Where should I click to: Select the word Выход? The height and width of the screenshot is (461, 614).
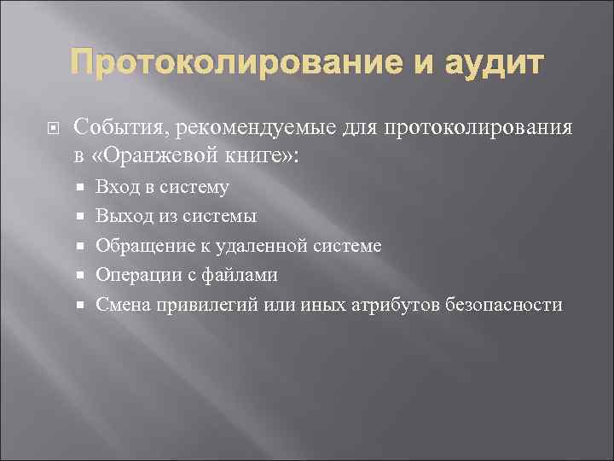(124, 217)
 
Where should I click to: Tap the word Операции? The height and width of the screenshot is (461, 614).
(136, 276)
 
